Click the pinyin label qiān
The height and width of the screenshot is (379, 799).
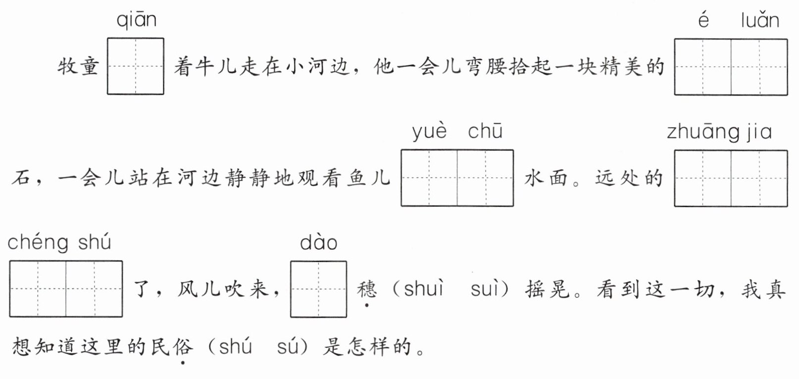coord(137,20)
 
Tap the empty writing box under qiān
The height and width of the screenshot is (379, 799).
coord(136,66)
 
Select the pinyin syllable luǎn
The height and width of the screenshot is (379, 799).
coord(760,20)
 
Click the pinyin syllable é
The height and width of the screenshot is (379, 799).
coord(703,20)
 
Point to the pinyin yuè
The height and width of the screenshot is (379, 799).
coord(429,132)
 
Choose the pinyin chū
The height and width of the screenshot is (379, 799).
coord(485,132)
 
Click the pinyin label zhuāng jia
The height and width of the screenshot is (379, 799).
coord(719,132)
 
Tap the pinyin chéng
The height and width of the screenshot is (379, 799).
coord(38,242)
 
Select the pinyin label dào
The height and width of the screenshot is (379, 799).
coord(318,242)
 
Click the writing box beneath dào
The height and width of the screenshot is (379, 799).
coord(318,289)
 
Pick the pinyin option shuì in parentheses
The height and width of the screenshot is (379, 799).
coord(423,289)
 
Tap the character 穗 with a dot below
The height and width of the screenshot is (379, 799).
coord(367,289)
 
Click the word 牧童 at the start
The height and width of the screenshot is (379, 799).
coord(78,66)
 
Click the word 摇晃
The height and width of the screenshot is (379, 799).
coord(548,289)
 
